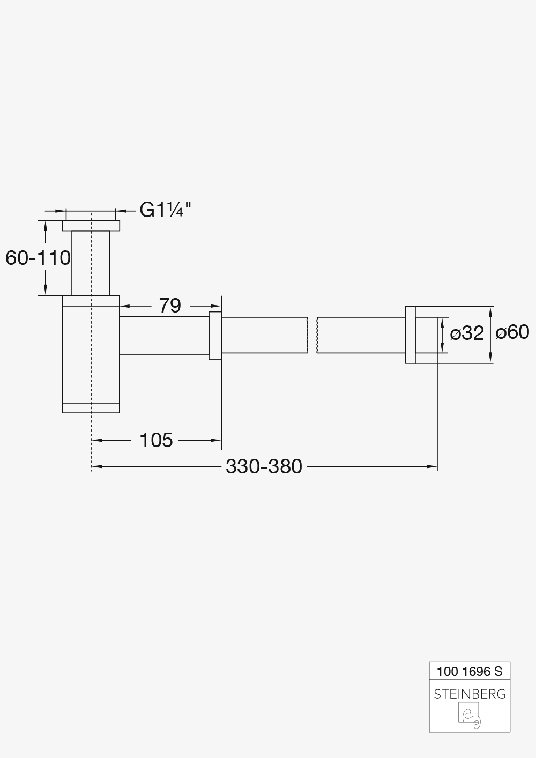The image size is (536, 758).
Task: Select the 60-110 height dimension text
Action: [38, 258]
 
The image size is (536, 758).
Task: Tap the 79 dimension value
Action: [170, 306]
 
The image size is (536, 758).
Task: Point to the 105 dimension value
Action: [156, 440]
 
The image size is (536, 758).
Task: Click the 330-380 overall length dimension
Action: [264, 466]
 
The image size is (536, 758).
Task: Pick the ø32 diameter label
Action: [467, 333]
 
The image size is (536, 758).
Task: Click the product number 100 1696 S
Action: [470, 671]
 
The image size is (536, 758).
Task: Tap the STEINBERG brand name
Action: [470, 694]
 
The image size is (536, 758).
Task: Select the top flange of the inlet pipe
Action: [91, 226]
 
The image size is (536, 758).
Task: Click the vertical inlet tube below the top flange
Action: [91, 263]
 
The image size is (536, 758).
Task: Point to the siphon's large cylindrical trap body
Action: [91, 354]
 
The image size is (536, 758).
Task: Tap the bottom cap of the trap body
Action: [91, 408]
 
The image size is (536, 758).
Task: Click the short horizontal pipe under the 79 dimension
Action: [163, 336]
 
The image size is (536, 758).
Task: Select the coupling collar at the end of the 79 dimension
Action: [215, 336]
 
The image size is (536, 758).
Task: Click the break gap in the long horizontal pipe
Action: [312, 336]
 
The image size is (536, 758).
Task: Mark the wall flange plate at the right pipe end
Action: [410, 335]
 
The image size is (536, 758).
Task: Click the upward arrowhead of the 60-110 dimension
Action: [46, 226]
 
